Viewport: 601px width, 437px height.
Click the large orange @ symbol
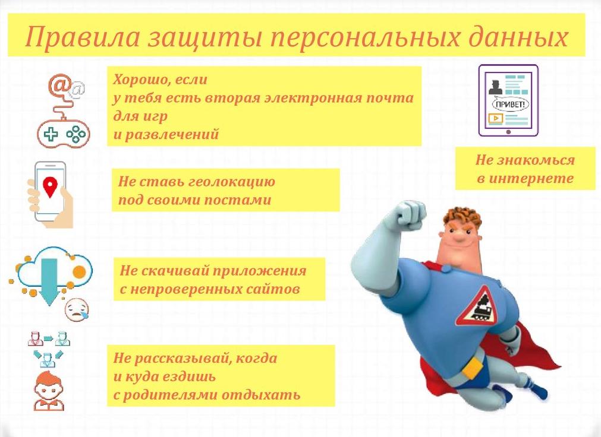pyautogui.click(x=59, y=85)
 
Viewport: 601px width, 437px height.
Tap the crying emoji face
pyautogui.click(x=77, y=309)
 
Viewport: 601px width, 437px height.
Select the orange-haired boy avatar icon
pyautogui.click(x=49, y=391)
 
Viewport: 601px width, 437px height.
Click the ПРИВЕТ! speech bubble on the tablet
pyautogui.click(x=510, y=104)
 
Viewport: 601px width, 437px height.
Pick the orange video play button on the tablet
pyautogui.click(x=496, y=118)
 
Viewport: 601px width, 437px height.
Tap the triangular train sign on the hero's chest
pyautogui.click(x=477, y=307)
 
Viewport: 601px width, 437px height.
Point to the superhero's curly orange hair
pyautogui.click(x=462, y=218)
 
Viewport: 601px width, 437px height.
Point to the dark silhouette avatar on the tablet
pyautogui.click(x=496, y=87)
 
